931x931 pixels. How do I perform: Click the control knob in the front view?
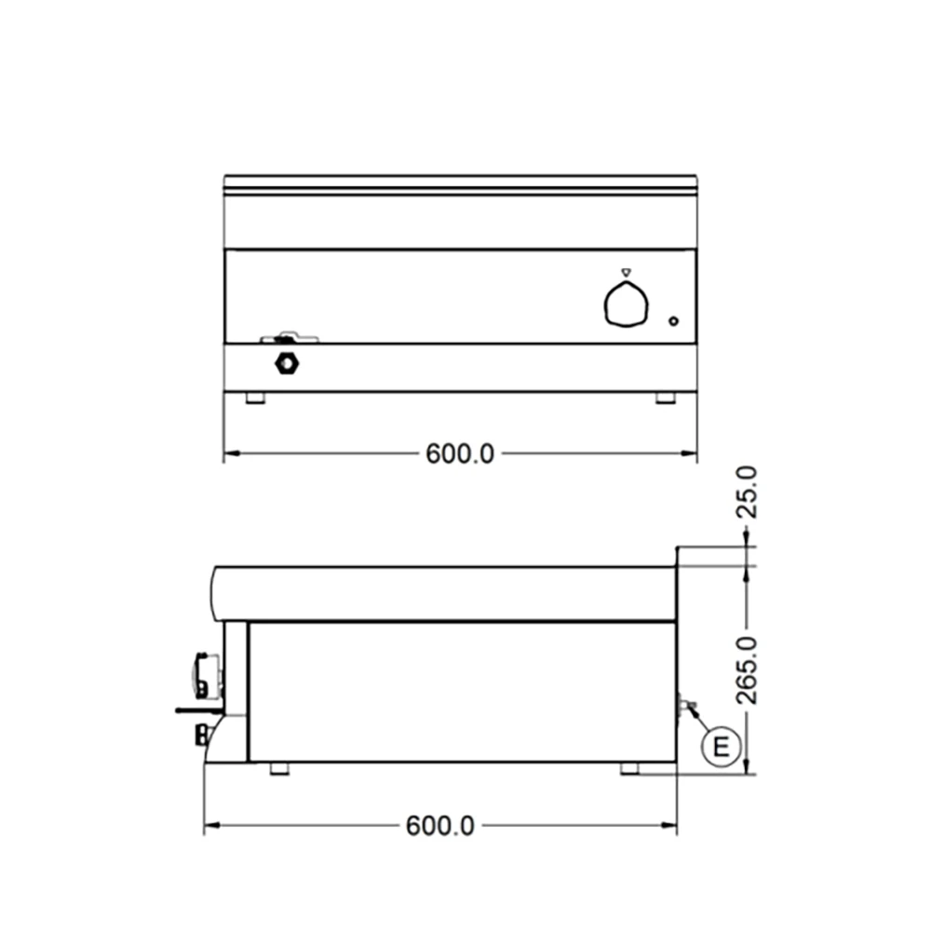[x=625, y=305]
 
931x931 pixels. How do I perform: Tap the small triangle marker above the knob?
[x=626, y=273]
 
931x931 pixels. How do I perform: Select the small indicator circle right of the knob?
[x=674, y=322]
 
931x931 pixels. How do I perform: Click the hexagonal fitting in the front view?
[x=286, y=363]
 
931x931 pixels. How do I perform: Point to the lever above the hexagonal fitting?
[x=289, y=336]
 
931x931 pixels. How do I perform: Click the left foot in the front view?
[x=254, y=398]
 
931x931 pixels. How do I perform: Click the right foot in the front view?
[x=666, y=398]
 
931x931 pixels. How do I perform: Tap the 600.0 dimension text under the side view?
[x=440, y=826]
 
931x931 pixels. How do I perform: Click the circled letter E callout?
[x=721, y=746]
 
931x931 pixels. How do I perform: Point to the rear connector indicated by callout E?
[x=687, y=707]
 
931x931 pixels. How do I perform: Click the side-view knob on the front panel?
[x=206, y=673]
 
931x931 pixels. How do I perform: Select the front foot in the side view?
[x=278, y=769]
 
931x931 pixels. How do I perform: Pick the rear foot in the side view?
[x=630, y=769]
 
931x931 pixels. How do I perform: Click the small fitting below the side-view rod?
[x=200, y=735]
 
